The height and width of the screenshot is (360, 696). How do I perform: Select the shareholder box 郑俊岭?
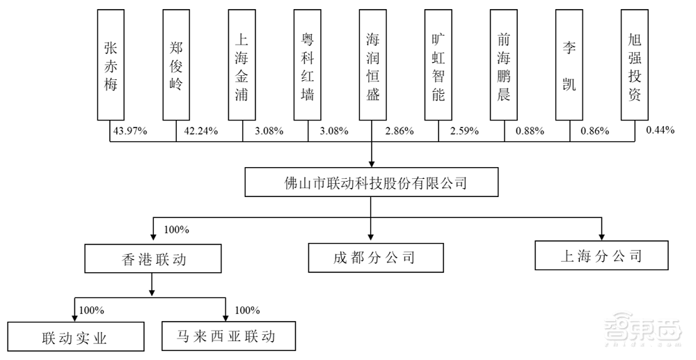176,65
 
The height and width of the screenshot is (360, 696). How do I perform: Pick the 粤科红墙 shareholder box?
307,65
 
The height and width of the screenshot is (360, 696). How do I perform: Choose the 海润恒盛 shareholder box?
373,65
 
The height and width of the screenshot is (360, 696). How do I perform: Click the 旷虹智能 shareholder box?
438,65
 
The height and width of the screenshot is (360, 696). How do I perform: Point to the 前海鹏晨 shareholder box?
504,65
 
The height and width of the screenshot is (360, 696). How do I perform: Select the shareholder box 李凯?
569,65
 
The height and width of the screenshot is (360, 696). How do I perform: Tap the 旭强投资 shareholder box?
635,65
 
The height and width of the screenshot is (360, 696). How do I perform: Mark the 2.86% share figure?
398,131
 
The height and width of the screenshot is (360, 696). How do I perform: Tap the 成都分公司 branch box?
375,258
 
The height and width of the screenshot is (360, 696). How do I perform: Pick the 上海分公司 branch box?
601,255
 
